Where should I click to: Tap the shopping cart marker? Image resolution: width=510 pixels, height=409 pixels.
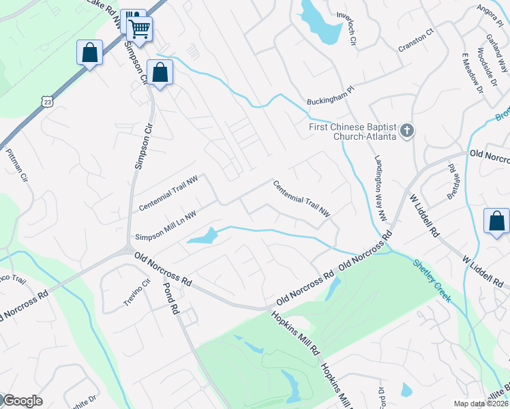[x=139, y=29]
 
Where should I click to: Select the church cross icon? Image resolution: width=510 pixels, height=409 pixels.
[x=407, y=130]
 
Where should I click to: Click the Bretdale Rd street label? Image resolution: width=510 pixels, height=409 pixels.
[x=453, y=177]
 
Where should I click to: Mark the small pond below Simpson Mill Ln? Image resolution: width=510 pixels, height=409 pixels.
[x=202, y=237]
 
